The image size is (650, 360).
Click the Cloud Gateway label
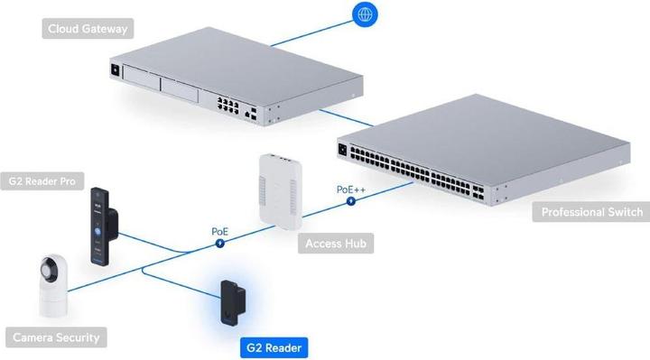coord(88,29)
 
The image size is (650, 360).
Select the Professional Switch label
coord(590,213)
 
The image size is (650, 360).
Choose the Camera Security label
coord(55,338)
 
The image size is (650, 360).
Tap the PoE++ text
coord(350,189)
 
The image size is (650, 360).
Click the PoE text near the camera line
coord(219,231)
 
